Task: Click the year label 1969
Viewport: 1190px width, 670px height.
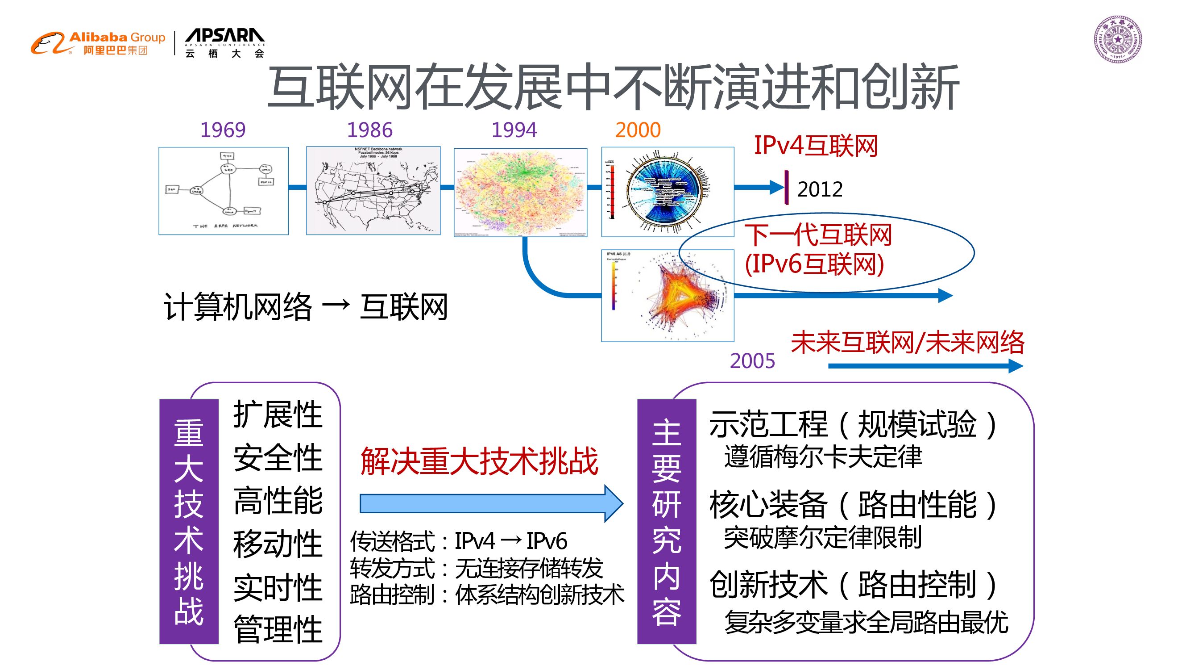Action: (x=223, y=130)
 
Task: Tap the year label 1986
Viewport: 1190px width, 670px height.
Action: (x=369, y=130)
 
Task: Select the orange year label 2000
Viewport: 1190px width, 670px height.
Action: (x=638, y=130)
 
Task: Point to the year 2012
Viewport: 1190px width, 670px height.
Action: (x=820, y=189)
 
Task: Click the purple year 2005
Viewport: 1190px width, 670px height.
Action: (x=752, y=360)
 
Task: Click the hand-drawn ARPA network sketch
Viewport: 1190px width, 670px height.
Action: (x=224, y=191)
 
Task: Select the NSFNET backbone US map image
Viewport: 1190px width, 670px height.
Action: (x=373, y=191)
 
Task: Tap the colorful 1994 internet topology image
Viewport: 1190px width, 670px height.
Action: (x=520, y=193)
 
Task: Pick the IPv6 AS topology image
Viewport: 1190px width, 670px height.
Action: (x=668, y=295)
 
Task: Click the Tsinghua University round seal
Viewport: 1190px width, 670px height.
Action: (x=1117, y=39)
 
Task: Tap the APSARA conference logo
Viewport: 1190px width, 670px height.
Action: (x=224, y=43)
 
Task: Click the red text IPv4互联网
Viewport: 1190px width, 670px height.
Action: (x=815, y=146)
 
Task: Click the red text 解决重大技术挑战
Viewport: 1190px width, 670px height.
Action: (x=479, y=461)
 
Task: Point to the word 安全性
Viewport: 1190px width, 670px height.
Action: (x=278, y=458)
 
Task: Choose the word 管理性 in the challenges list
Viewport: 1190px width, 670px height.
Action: (x=278, y=629)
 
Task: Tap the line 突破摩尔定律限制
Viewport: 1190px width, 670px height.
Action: (x=822, y=537)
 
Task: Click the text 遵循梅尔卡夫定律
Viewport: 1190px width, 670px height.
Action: (x=822, y=457)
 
